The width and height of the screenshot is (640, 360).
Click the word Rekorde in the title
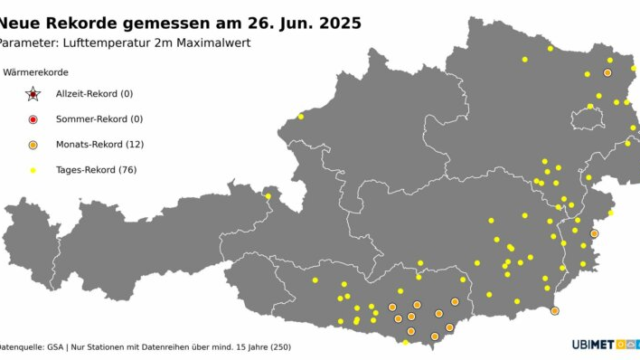click(88, 23)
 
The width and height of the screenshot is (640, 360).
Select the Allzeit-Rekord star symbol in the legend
click(33, 94)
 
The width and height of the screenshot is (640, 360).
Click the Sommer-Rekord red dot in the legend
click(33, 119)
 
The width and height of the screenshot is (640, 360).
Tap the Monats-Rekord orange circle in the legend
click(33, 145)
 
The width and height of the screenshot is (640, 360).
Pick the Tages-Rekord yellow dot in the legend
click(33, 170)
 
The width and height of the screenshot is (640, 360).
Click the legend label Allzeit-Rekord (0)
click(94, 94)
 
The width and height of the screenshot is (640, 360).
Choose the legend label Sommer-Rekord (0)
click(99, 119)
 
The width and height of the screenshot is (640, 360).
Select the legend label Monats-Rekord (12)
click(99, 145)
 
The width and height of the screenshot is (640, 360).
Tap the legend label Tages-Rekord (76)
click(96, 170)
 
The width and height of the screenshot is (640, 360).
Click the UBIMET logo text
click(592, 345)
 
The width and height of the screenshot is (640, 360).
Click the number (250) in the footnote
click(280, 346)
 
